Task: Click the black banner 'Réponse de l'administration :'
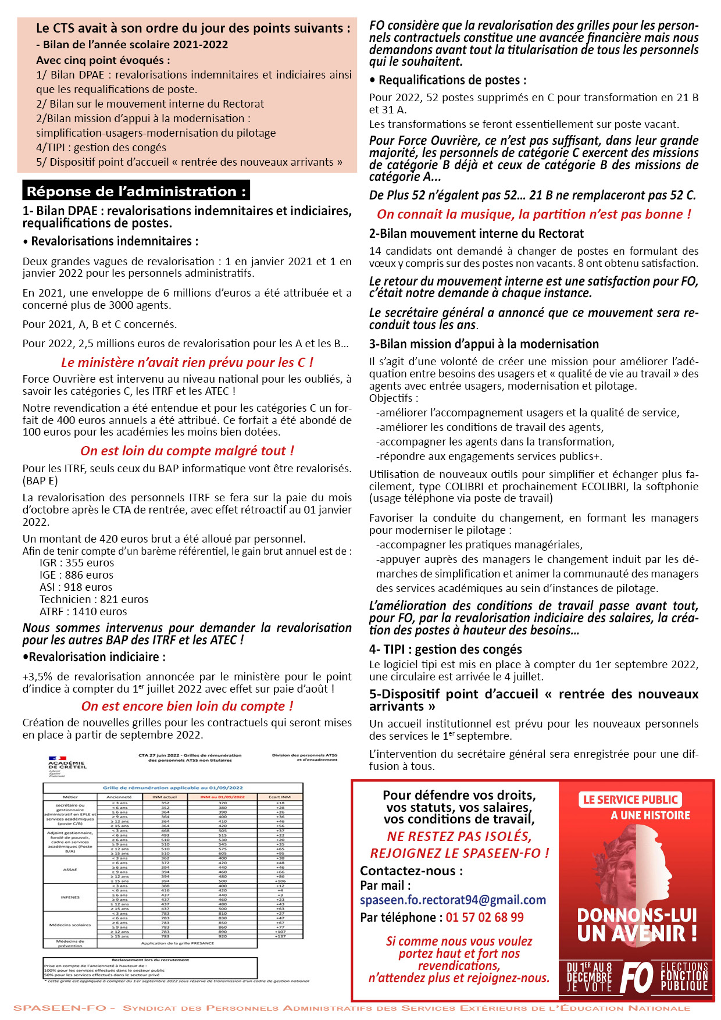(x=136, y=191)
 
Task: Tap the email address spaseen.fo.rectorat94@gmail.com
(x=453, y=900)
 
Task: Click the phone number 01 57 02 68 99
(x=484, y=917)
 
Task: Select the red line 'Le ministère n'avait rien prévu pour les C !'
(x=187, y=362)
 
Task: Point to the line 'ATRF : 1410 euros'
(x=83, y=611)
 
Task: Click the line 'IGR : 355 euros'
(x=77, y=562)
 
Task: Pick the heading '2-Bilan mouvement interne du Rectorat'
(x=476, y=233)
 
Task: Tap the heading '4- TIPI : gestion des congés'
(x=445, y=649)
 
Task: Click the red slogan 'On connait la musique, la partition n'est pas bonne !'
(x=534, y=214)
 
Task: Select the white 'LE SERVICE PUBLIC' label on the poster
(x=630, y=800)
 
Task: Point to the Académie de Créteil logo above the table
(x=67, y=763)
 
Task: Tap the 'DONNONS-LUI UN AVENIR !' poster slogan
(x=637, y=924)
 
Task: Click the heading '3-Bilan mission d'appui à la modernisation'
(x=484, y=344)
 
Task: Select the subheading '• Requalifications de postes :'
(x=448, y=80)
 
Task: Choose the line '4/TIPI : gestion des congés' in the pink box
(x=101, y=147)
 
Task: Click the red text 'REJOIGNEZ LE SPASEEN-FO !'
(x=459, y=853)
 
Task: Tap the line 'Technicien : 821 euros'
(x=94, y=599)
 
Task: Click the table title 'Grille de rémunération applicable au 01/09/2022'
(x=173, y=787)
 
